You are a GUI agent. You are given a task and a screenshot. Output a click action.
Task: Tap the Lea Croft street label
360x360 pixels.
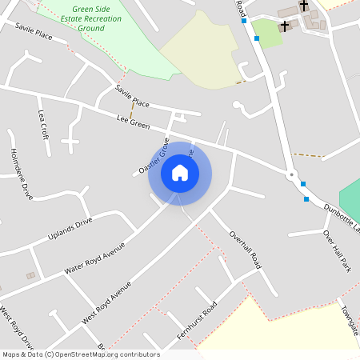43,125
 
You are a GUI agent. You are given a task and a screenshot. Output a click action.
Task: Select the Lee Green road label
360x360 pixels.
134,122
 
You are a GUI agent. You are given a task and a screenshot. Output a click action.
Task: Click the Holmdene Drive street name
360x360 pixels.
21,174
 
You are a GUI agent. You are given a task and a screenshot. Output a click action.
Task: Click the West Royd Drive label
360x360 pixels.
16,329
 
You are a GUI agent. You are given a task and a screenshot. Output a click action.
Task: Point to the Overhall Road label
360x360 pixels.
245,250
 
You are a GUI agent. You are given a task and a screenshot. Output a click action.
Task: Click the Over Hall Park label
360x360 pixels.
337,250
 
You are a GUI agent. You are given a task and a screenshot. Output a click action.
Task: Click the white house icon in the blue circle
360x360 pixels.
180,174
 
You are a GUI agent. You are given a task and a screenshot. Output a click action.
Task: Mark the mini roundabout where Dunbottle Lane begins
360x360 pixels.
292,174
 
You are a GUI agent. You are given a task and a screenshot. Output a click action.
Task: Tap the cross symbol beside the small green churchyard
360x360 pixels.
284,26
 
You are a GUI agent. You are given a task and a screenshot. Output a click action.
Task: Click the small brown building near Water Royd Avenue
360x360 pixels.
31,275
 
